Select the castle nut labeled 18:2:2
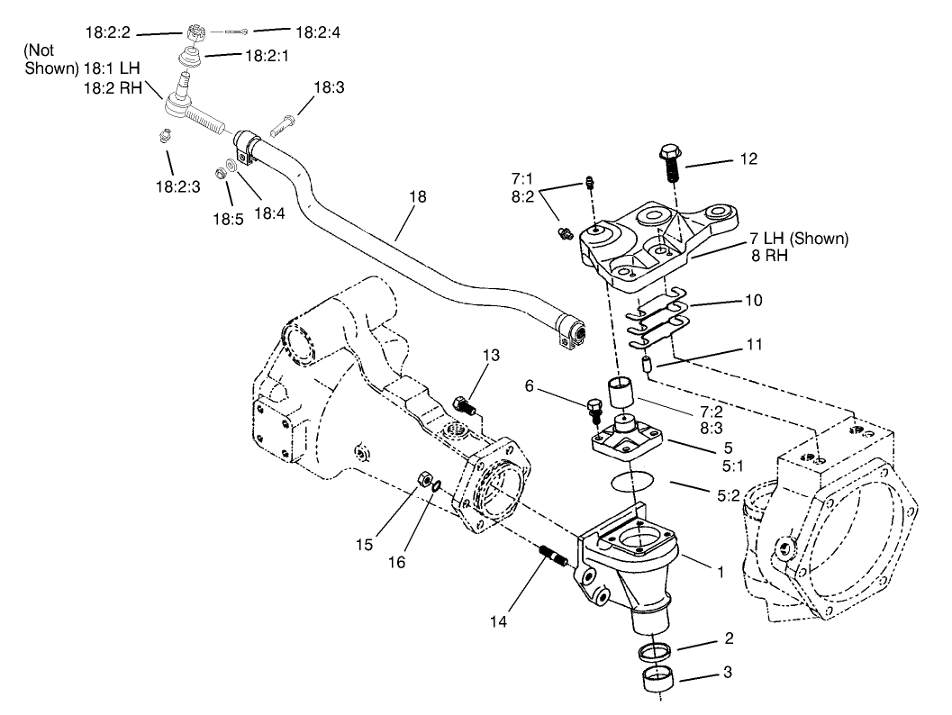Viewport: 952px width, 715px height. point(199,32)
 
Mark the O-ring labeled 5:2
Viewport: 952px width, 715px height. point(628,481)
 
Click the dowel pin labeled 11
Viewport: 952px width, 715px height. point(645,366)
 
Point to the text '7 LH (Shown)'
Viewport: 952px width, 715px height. point(798,239)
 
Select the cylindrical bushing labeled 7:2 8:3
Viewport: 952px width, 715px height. point(619,394)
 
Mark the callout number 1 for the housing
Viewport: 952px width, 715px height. point(719,570)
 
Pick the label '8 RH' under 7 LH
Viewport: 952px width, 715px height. point(770,255)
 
